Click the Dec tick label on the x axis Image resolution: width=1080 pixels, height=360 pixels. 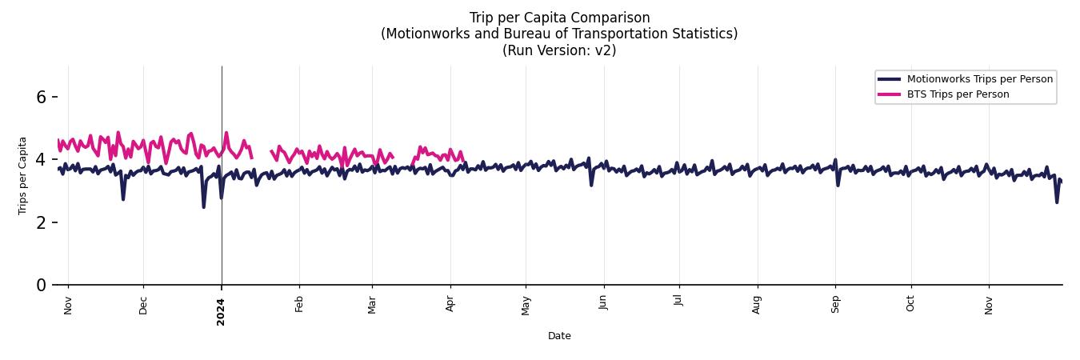(x=144, y=306)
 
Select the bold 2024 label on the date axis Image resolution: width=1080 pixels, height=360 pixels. (x=222, y=312)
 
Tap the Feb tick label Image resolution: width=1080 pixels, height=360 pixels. (x=299, y=305)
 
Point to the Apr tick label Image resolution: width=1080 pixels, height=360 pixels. (x=450, y=305)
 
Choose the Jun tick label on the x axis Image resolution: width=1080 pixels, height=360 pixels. (x=603, y=305)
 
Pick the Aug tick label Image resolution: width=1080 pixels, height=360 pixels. (x=757, y=305)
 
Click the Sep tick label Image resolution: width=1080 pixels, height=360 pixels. (x=835, y=305)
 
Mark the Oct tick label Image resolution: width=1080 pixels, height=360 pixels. (x=910, y=305)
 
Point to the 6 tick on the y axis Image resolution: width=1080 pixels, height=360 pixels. (x=42, y=97)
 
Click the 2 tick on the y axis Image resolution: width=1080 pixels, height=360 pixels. (x=42, y=222)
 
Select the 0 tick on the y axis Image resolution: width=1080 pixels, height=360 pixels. (x=42, y=285)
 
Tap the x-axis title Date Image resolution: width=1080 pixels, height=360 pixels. (x=559, y=336)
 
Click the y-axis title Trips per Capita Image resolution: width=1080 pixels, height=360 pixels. (x=22, y=175)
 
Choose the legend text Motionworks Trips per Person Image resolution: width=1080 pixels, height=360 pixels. (x=980, y=79)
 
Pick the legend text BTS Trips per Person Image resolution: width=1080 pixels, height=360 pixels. (x=958, y=94)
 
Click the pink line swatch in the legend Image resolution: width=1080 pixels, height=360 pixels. (x=890, y=94)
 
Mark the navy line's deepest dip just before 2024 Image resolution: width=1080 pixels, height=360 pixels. (x=203, y=207)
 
